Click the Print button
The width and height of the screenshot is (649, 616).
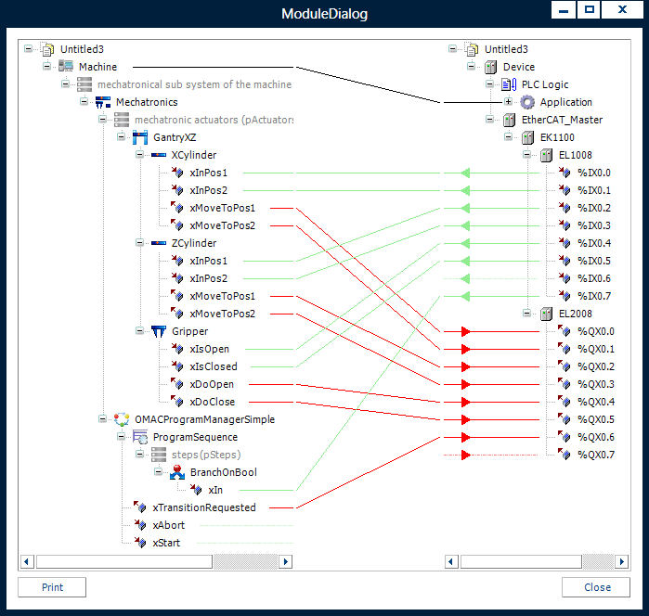pos(52,586)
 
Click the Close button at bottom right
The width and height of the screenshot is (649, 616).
pos(597,586)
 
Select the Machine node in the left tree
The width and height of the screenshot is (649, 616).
pos(97,67)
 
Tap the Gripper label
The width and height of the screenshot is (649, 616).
pos(189,331)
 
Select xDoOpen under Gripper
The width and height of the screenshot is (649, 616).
pos(212,384)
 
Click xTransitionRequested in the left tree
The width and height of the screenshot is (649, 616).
pos(203,507)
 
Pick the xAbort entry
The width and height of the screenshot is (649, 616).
pos(168,525)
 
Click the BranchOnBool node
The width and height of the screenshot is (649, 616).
pos(223,472)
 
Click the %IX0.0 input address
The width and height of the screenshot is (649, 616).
pos(594,173)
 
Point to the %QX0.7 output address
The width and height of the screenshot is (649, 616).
pos(595,455)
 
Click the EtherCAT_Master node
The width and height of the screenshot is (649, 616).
pos(562,120)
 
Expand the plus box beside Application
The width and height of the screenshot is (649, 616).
pos(508,102)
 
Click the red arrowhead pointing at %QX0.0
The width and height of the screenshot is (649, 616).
pos(465,331)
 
